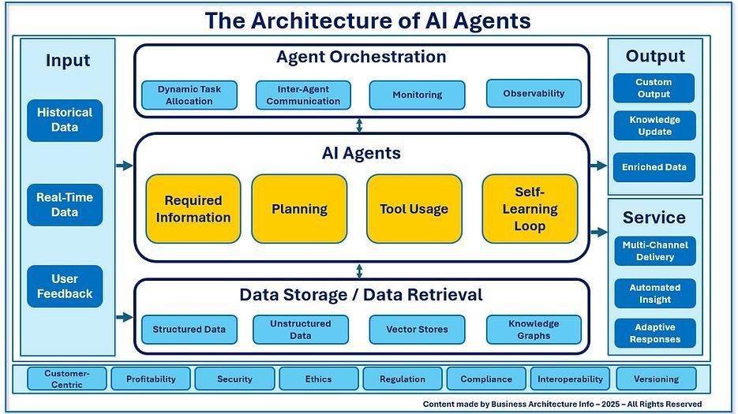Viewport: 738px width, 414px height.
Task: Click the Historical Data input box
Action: click(65, 120)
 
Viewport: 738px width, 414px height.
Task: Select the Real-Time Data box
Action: click(65, 205)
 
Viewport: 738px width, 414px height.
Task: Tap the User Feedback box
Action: click(65, 286)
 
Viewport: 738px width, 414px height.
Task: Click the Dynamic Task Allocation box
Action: click(189, 95)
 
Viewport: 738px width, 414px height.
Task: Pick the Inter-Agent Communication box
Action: click(303, 95)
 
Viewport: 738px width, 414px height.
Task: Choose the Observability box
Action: click(534, 93)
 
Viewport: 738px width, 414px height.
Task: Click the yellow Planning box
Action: click(299, 209)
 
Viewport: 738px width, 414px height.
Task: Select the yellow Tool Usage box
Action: click(414, 209)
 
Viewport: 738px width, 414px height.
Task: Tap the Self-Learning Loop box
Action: click(530, 209)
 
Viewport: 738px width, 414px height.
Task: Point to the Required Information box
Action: click(193, 209)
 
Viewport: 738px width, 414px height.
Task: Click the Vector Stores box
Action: click(417, 330)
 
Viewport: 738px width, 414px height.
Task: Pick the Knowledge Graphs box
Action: click(534, 330)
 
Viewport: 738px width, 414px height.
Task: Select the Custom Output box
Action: click(654, 88)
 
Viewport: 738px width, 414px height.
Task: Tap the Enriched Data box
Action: click(654, 167)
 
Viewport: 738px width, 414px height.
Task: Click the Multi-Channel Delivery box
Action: click(655, 251)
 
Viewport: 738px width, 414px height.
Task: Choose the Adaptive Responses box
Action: click(655, 334)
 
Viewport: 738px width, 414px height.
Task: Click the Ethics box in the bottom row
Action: click(319, 379)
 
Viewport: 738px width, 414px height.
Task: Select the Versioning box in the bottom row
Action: click(655, 379)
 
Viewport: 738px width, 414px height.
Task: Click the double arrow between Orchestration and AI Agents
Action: click(360, 125)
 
